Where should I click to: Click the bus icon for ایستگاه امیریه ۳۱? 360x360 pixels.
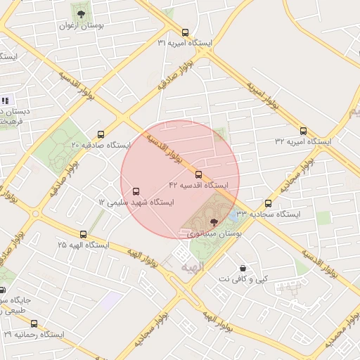tap(185, 32)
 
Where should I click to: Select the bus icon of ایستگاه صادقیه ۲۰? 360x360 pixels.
tap(101, 134)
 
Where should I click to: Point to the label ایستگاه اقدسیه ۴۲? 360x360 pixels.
tap(199, 185)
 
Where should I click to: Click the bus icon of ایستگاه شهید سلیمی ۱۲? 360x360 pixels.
tap(136, 191)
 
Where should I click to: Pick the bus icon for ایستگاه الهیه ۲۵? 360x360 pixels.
tap(84, 234)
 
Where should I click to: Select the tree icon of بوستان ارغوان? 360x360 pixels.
tap(81, 13)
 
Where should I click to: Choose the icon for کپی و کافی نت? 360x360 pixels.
tap(243, 268)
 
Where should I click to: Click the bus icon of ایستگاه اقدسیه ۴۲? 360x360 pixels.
tap(198, 174)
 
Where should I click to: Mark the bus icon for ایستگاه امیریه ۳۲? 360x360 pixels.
tap(303, 131)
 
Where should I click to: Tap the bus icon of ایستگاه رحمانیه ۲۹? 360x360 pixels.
tap(34, 324)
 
